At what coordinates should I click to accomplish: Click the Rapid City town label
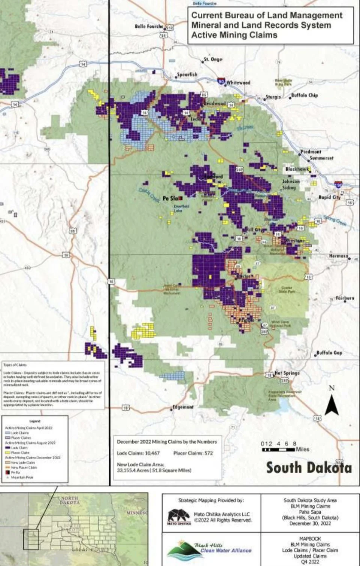pyautogui.click(x=329, y=197)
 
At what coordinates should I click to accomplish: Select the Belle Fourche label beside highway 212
pyautogui.click(x=149, y=26)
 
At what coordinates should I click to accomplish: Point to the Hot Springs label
pyautogui.click(x=287, y=373)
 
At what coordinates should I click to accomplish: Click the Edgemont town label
pyautogui.click(x=183, y=407)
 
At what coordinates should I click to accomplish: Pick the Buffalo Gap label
pyautogui.click(x=329, y=353)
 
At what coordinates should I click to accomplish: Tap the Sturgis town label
pyautogui.click(x=273, y=97)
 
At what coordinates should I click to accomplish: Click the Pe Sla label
pyautogui.click(x=170, y=198)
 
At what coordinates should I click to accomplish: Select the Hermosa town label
pyautogui.click(x=339, y=256)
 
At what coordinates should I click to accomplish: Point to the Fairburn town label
pyautogui.click(x=345, y=298)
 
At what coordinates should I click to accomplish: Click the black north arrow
pyautogui.click(x=332, y=405)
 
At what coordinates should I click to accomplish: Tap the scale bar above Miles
pyautogui.click(x=278, y=449)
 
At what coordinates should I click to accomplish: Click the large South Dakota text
pyautogui.click(x=309, y=468)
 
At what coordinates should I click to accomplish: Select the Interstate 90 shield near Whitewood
pyautogui.click(x=221, y=81)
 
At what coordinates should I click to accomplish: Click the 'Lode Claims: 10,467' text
pyautogui.click(x=138, y=453)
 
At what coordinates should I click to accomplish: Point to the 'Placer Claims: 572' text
pyautogui.click(x=193, y=453)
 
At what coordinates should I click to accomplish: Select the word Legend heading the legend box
pyautogui.click(x=34, y=421)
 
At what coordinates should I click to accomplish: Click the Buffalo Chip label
pyautogui.click(x=304, y=95)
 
